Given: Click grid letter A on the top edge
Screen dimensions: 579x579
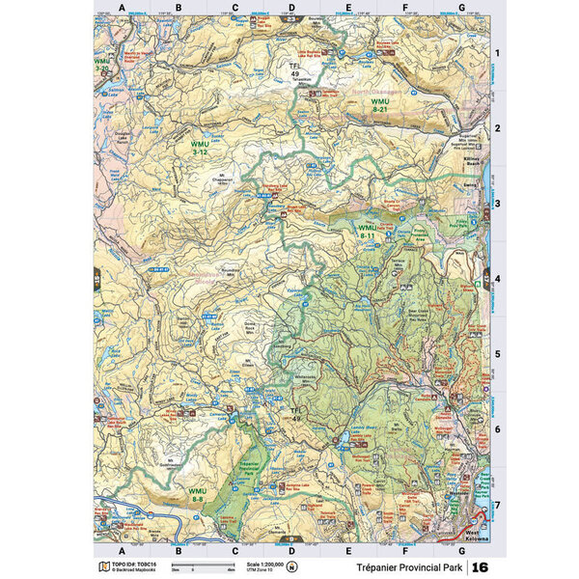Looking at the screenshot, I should [x=121, y=8].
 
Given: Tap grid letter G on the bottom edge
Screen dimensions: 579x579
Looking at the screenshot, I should [x=461, y=551].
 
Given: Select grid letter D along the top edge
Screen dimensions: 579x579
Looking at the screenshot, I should [x=291, y=8].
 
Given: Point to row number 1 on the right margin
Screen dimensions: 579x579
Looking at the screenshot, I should [x=497, y=53].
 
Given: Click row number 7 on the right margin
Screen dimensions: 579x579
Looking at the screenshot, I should [x=497, y=505].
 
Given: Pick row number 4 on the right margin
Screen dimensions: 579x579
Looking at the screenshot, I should [x=497, y=279].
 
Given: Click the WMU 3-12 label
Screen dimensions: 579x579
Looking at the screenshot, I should [x=200, y=148].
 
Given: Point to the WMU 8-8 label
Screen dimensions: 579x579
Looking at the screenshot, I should [x=197, y=494].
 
